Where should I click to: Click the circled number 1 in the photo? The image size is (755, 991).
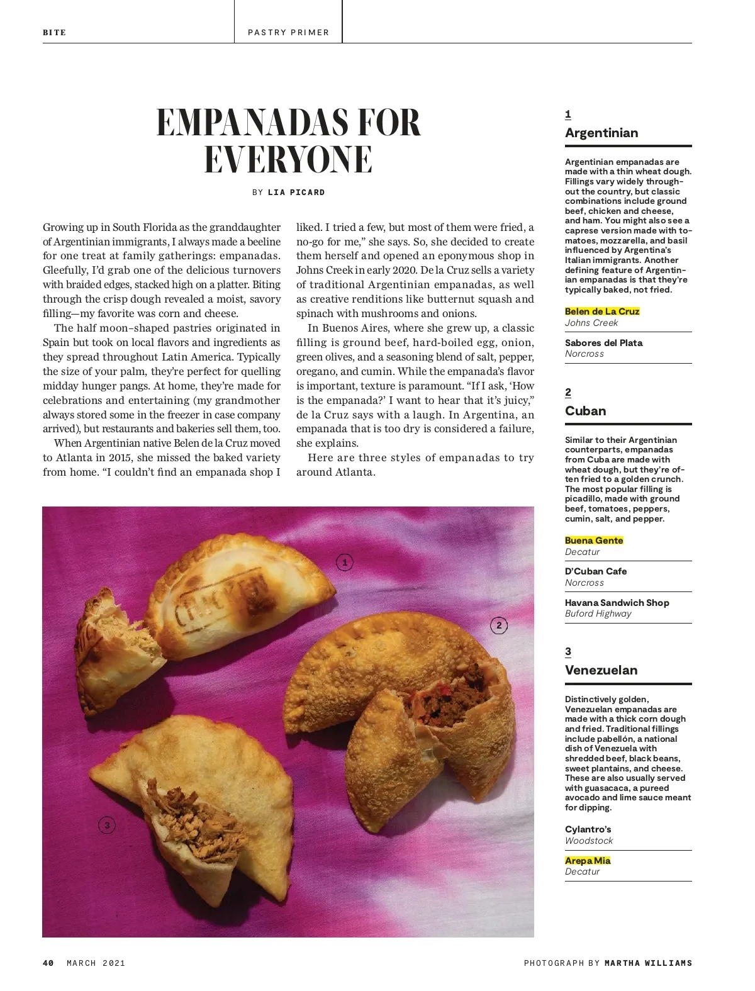click(x=344, y=563)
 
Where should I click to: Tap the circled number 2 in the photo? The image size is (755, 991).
click(x=499, y=625)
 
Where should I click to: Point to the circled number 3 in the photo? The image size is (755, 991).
click(x=107, y=825)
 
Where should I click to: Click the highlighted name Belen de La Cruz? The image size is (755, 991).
click(x=602, y=311)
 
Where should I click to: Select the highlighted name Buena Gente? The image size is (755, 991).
click(x=594, y=540)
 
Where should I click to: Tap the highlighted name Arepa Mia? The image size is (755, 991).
click(x=588, y=861)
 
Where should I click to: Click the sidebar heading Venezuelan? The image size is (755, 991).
click(x=601, y=670)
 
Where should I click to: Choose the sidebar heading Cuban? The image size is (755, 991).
click(x=585, y=411)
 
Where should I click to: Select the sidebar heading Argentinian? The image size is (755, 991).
click(x=601, y=133)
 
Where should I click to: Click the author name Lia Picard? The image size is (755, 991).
click(x=296, y=193)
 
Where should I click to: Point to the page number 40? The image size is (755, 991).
click(x=48, y=963)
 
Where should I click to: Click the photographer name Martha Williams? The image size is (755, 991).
click(x=648, y=963)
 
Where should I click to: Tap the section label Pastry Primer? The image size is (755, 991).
click(x=288, y=33)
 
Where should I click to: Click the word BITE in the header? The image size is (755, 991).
click(x=54, y=33)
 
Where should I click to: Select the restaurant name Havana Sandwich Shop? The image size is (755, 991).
click(x=617, y=603)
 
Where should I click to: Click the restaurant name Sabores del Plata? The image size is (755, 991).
click(x=603, y=343)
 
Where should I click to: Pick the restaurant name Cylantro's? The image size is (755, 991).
click(x=588, y=829)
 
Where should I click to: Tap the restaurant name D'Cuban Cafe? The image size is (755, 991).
click(x=595, y=571)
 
